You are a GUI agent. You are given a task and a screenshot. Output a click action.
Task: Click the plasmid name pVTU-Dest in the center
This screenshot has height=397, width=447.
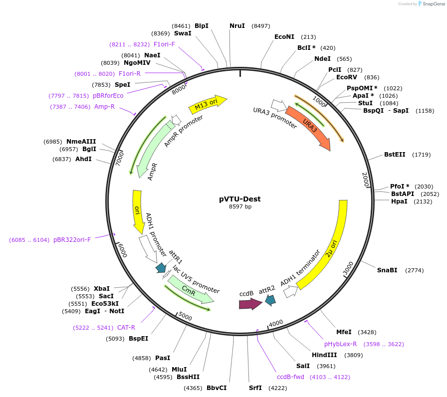[240, 199]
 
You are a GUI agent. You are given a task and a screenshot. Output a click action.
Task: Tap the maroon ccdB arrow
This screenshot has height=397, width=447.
[250, 304]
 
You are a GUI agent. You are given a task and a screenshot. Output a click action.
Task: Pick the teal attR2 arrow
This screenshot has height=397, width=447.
[270, 300]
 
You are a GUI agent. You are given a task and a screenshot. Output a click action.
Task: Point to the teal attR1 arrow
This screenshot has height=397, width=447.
[161, 268]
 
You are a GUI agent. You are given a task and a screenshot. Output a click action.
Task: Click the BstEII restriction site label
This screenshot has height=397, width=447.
[395, 155]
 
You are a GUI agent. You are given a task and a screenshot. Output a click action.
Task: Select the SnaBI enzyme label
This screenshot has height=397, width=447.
[387, 270]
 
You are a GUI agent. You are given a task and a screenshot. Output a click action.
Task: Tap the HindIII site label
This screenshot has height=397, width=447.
[324, 355]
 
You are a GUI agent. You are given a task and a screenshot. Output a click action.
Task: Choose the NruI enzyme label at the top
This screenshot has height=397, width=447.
[237, 26]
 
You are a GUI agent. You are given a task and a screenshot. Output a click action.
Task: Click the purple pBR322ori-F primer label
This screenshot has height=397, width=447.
[72, 240]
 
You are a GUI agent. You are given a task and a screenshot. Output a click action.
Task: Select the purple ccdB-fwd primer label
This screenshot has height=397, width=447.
[290, 377]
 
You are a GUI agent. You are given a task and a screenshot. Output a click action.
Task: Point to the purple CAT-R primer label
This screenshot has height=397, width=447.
[126, 328]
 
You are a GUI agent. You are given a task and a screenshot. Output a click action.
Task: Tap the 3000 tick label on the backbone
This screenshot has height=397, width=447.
[348, 268]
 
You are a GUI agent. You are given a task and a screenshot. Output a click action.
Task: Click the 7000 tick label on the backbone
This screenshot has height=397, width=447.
[120, 159]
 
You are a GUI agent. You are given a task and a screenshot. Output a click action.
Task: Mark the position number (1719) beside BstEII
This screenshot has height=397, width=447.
[422, 155]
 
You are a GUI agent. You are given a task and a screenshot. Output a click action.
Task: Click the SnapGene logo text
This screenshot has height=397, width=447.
[434, 3]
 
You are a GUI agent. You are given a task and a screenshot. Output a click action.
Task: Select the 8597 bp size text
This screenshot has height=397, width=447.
[240, 206]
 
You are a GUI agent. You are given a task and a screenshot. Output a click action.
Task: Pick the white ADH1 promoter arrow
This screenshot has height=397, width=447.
[148, 249]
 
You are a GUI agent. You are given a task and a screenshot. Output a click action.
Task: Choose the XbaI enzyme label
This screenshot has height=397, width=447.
[101, 289]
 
